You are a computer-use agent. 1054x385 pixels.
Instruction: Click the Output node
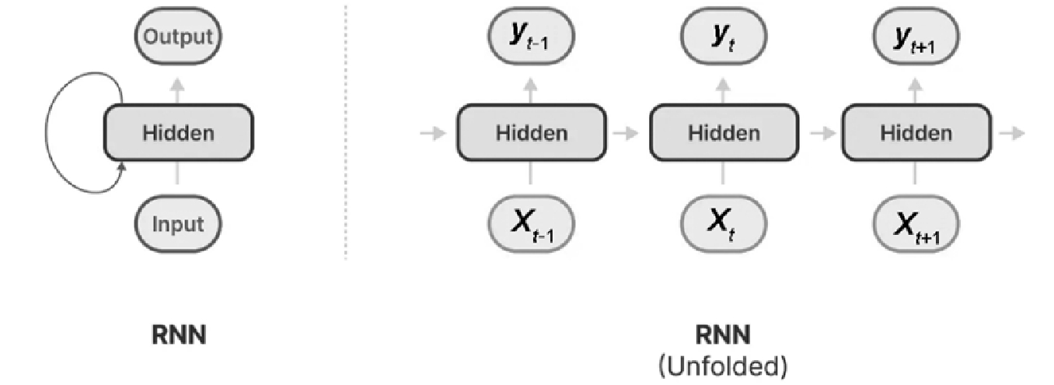[178, 37]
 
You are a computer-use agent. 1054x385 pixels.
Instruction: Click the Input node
[178, 224]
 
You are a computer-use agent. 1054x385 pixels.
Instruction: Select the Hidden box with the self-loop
[178, 133]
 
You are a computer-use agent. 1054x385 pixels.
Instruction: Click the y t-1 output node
[531, 37]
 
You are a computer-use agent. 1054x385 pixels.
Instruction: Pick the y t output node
[723, 37]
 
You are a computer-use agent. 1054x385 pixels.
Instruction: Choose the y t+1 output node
[916, 37]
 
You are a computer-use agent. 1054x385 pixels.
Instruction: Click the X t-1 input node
[531, 224]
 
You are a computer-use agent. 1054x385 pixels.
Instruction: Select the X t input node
[723, 224]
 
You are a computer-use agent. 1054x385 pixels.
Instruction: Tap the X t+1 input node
[916, 224]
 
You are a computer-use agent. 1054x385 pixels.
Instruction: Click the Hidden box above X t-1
[532, 133]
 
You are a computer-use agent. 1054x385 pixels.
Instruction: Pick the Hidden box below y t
[724, 133]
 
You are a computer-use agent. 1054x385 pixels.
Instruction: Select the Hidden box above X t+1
[916, 133]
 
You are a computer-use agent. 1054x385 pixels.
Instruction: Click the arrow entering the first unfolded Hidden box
[433, 133]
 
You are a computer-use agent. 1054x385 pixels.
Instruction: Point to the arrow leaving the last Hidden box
[1012, 133]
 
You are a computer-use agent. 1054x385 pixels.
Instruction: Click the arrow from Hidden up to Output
[177, 91]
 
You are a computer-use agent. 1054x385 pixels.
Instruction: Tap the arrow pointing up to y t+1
[915, 91]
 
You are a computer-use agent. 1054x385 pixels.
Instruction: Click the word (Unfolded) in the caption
[723, 366]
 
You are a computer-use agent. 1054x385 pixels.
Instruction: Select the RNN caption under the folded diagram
[179, 335]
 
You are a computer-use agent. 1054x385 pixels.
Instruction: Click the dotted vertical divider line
[346, 132]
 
